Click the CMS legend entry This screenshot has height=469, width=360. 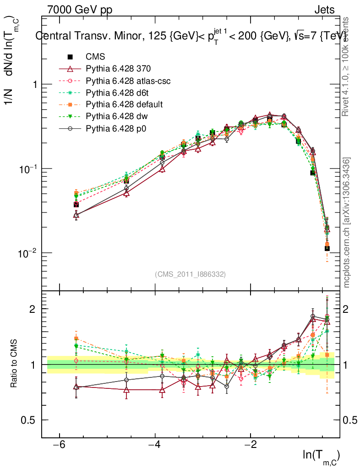pyautogui.click(x=95, y=57)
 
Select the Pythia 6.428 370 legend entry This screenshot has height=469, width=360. pyautogui.click(x=118, y=69)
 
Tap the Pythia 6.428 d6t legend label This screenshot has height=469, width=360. pyautogui.click(x=118, y=93)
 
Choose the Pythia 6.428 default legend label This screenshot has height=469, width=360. pyautogui.click(x=124, y=104)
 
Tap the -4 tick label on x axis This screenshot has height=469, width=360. pyautogui.click(x=154, y=445)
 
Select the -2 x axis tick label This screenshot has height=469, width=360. pyautogui.click(x=250, y=445)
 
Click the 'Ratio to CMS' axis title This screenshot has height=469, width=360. pyautogui.click(x=14, y=365)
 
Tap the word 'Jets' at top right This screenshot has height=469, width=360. pyautogui.click(x=324, y=10)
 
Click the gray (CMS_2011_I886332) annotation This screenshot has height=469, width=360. pyautogui.click(x=191, y=274)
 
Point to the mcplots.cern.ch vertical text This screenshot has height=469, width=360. pyautogui.click(x=347, y=222)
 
